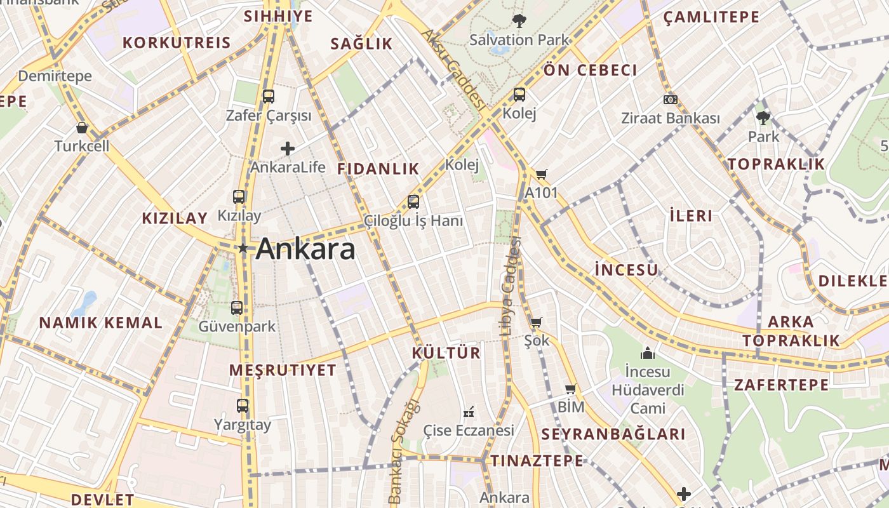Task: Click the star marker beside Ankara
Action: coord(243,248)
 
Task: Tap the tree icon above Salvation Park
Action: coord(519,21)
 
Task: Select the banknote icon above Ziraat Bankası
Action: coord(670,100)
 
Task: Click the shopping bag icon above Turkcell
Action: coord(81,128)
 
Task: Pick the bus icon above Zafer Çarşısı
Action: coord(269,97)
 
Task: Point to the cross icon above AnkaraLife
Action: coord(288,149)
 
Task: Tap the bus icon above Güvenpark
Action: coord(237,308)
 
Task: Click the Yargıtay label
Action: coord(243,425)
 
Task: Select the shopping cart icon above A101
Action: coord(541,174)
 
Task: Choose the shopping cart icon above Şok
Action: coord(536,323)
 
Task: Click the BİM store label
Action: coord(571,406)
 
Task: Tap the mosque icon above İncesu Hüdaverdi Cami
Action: coord(648,353)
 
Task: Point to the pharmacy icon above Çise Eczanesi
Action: coord(469,412)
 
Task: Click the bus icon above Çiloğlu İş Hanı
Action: coord(413,202)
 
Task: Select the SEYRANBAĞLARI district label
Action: coord(613,434)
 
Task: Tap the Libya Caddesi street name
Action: coord(510,285)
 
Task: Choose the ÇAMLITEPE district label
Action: coord(711,17)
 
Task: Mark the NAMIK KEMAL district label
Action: coord(101,323)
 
